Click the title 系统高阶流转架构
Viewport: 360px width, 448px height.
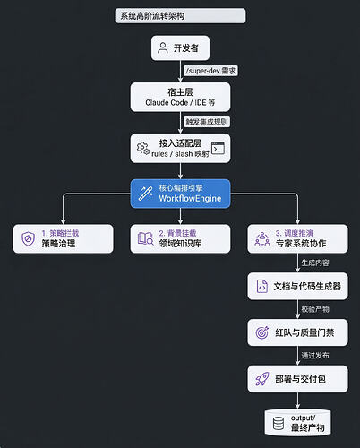(x=152, y=16)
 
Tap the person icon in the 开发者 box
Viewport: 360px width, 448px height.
(x=163, y=47)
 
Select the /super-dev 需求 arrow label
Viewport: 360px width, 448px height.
(x=210, y=71)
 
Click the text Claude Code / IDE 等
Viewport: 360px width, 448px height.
(x=180, y=102)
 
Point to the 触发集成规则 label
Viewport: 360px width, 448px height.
(x=207, y=122)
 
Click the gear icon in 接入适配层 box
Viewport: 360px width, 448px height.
(x=143, y=148)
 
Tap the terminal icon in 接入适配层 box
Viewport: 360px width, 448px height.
(x=218, y=148)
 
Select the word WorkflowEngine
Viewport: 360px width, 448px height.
(x=190, y=198)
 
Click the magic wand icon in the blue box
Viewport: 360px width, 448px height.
(x=145, y=194)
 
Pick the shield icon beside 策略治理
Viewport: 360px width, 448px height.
(x=28, y=239)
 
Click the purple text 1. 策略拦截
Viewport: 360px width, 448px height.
(x=60, y=233)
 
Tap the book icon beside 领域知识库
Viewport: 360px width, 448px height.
(x=145, y=238)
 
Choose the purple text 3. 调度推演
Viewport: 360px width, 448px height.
(x=295, y=233)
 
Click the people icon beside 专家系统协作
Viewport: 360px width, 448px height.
(x=262, y=239)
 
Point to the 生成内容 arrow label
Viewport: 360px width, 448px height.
(x=315, y=263)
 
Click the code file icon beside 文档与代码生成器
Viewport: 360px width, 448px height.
(x=262, y=286)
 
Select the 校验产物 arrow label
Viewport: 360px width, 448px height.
(x=315, y=309)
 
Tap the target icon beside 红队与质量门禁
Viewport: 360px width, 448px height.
(x=262, y=332)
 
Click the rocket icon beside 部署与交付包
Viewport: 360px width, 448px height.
(x=262, y=379)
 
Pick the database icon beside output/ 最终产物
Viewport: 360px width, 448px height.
(x=279, y=423)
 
